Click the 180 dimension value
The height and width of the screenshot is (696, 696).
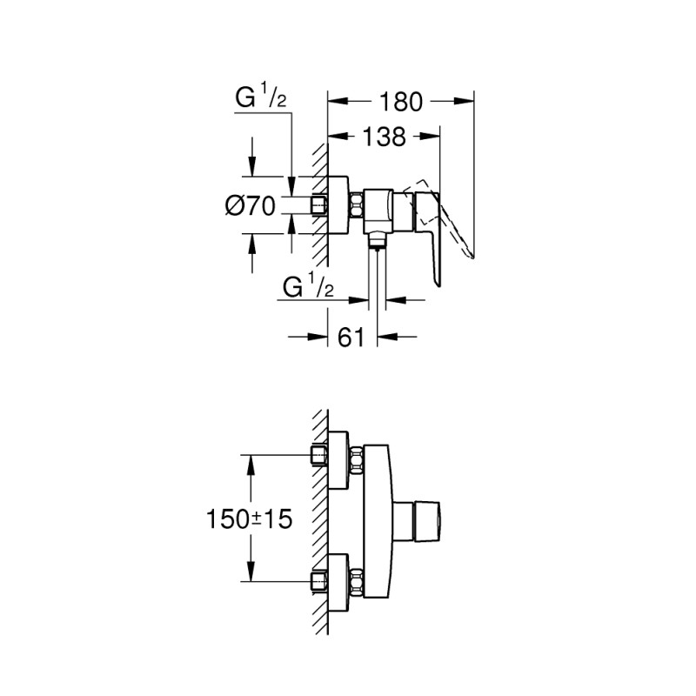tap(401, 102)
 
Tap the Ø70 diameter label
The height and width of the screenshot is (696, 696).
tap(251, 206)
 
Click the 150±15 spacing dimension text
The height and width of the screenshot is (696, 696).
tap(248, 519)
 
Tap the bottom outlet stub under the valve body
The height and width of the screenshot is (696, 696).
tap(376, 239)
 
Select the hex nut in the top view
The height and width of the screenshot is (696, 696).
tap(356, 207)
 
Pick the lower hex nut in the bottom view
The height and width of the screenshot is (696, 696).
tap(356, 580)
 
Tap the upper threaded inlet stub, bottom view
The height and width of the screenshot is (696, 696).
tap(317, 455)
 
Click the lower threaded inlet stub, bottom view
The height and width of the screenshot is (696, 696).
tap(317, 580)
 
